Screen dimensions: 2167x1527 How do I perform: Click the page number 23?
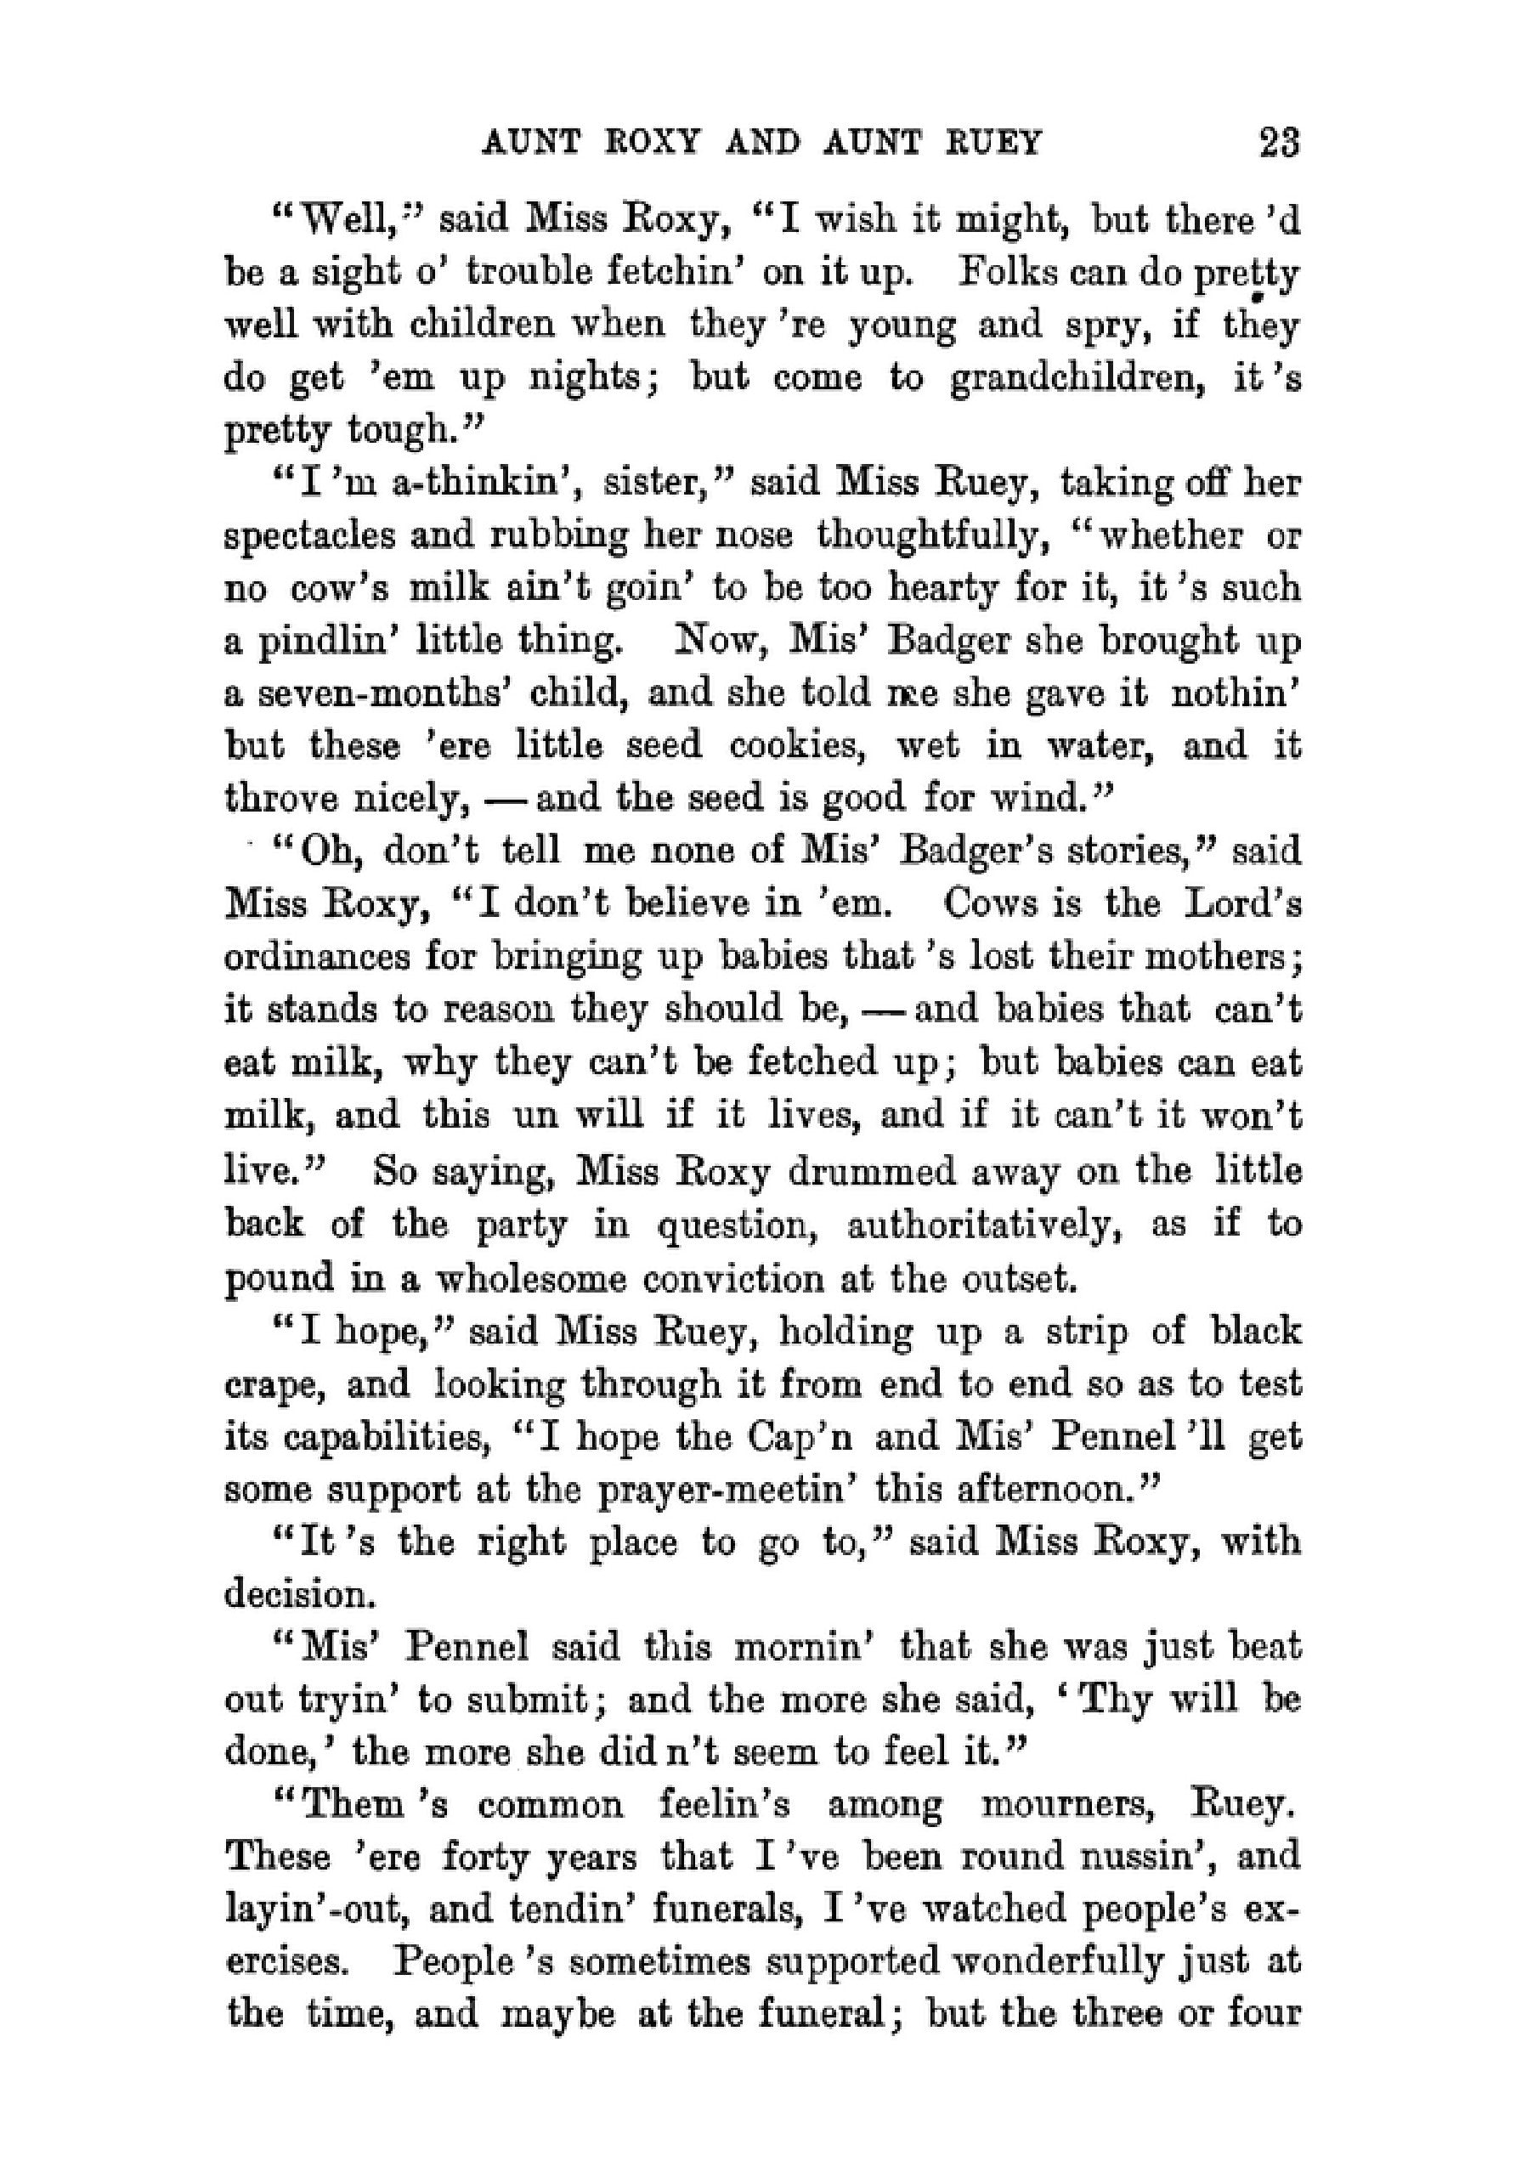(1279, 144)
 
